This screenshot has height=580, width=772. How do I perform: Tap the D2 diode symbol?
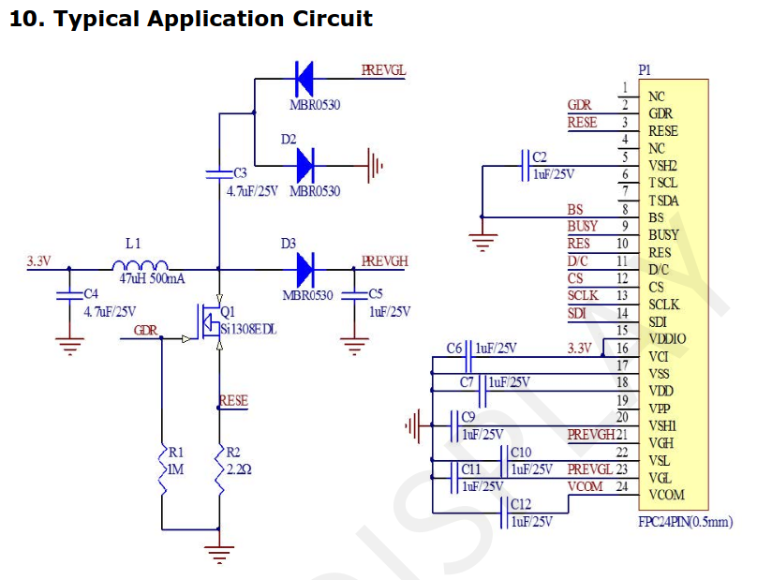[x=304, y=166]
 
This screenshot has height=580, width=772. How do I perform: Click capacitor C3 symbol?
[x=218, y=173]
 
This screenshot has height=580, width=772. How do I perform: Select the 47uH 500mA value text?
[x=152, y=279]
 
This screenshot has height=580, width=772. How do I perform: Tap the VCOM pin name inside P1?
[x=666, y=495]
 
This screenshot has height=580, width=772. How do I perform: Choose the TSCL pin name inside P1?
[x=663, y=184]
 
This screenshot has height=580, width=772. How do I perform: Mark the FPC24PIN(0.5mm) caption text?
[x=685, y=521]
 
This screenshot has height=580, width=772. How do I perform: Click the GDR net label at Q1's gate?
[x=145, y=330]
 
